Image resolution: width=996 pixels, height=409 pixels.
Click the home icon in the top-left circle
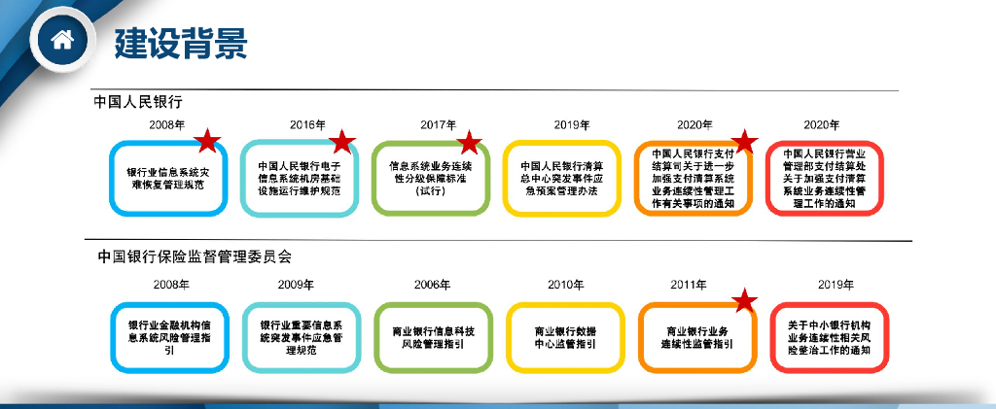click(62, 41)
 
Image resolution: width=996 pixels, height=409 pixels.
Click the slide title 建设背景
click(181, 42)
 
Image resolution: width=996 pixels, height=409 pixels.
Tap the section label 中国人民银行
click(138, 100)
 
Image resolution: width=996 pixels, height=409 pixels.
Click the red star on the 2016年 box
click(340, 142)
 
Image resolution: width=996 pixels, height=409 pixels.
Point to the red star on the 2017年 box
click(469, 142)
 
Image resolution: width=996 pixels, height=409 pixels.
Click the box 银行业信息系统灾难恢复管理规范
click(169, 178)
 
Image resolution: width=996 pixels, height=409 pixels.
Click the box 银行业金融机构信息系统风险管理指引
click(169, 337)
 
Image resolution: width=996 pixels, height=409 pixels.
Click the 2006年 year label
click(432, 285)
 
